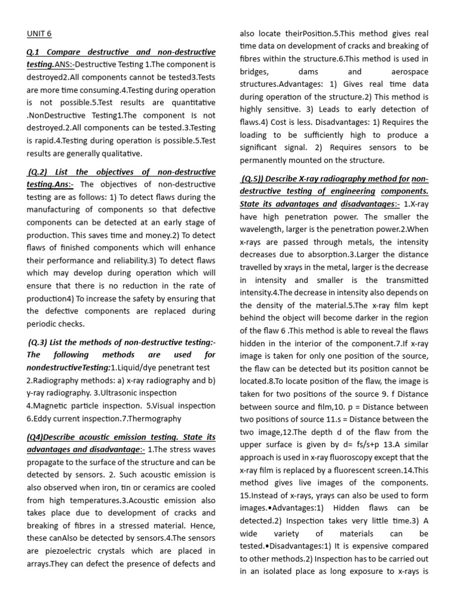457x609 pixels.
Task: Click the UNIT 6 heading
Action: (39, 34)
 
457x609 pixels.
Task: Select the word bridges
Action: (255, 71)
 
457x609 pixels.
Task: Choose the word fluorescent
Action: (332, 470)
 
